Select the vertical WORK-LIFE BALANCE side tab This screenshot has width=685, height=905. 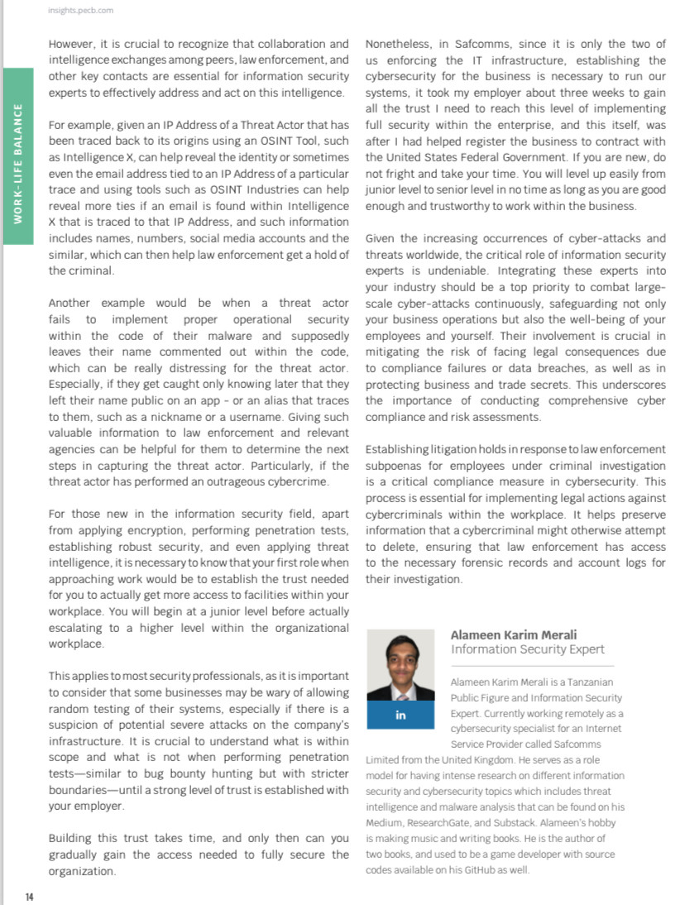[x=18, y=158]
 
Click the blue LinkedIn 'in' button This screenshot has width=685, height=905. [x=400, y=715]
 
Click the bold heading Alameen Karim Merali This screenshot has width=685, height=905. [x=513, y=635]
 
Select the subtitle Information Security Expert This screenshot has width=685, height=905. [x=528, y=650]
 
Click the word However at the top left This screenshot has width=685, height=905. [x=71, y=44]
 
